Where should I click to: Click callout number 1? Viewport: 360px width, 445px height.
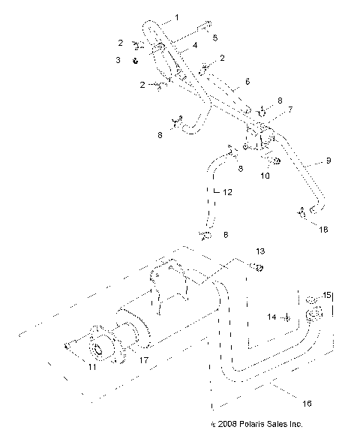[177, 17]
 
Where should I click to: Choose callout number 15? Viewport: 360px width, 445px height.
[326, 294]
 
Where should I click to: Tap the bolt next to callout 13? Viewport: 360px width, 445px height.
[256, 267]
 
